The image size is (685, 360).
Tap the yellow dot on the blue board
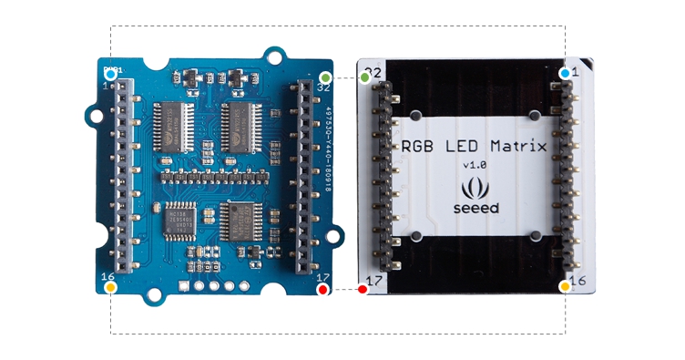(x=111, y=287)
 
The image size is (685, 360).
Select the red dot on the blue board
(x=322, y=289)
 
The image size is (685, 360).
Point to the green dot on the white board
(x=365, y=77)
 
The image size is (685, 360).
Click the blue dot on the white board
(x=566, y=73)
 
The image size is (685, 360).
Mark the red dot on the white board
(x=363, y=289)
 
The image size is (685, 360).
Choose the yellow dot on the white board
(x=565, y=286)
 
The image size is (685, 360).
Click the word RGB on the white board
(x=418, y=146)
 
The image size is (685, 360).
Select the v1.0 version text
(x=475, y=165)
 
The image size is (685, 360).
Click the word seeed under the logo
(x=475, y=208)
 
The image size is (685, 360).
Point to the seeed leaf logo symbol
(x=475, y=189)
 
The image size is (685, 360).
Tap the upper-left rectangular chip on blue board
(x=169, y=126)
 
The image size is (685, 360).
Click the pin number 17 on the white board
(x=373, y=280)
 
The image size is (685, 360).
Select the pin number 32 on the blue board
(x=322, y=87)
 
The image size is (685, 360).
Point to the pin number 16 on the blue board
(x=107, y=276)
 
